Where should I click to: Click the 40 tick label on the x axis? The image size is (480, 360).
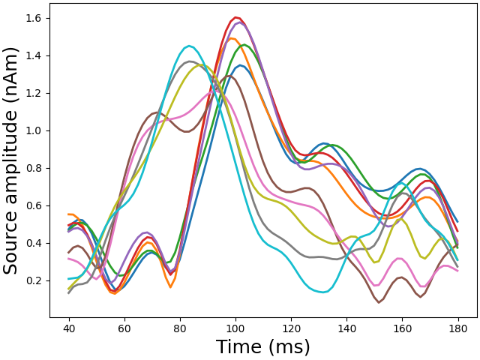[69, 328]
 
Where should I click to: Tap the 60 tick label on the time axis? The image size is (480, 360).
[124, 328]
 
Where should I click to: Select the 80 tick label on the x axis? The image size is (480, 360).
[180, 328]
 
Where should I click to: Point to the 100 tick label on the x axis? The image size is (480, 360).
[235, 328]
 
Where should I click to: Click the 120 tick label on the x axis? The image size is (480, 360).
[291, 328]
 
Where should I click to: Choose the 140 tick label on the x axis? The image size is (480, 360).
[346, 328]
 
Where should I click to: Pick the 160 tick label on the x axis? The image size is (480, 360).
[402, 328]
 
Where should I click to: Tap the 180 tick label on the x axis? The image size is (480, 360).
[457, 328]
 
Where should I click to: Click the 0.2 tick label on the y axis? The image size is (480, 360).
[34, 280]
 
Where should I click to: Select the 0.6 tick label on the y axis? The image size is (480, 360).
[34, 205]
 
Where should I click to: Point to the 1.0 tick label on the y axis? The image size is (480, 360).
[34, 130]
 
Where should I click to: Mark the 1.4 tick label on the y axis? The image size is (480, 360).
[34, 55]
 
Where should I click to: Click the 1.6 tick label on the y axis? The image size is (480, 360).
[34, 18]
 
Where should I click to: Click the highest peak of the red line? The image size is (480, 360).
[236, 17]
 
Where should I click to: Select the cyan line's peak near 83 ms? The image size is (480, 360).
[188, 46]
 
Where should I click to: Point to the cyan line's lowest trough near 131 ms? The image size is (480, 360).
[322, 292]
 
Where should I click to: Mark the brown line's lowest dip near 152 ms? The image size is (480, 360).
[379, 302]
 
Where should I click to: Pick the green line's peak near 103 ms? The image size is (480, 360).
[244, 44]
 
